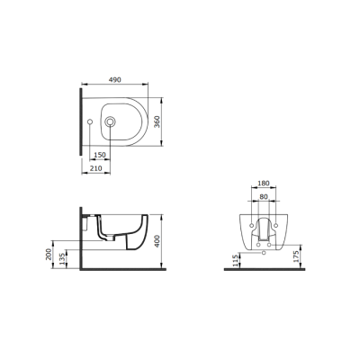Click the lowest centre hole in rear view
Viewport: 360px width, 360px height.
pos(263,253)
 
